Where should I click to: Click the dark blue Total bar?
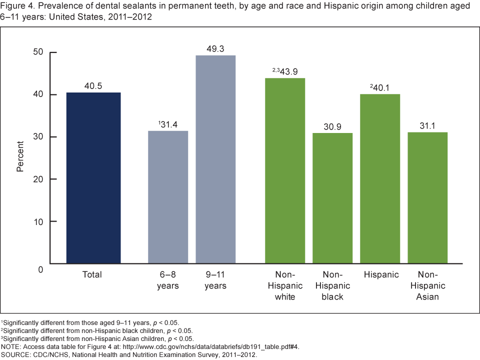(93, 177)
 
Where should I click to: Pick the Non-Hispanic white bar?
(285, 170)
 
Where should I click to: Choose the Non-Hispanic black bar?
(332, 198)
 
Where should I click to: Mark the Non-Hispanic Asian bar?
(427, 197)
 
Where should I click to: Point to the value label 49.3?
(215, 49)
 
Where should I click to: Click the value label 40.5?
(93, 86)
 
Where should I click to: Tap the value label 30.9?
(332, 127)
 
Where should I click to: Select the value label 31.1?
(427, 126)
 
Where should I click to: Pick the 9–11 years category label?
(215, 280)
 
